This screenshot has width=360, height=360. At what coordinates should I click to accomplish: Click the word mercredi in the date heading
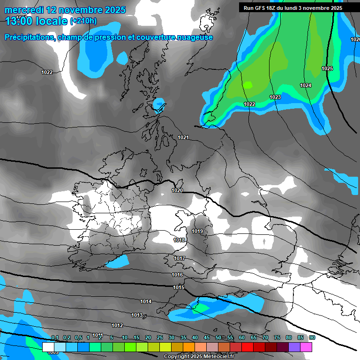coord(27,10)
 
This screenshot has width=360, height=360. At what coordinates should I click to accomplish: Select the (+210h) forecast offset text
coord(83,21)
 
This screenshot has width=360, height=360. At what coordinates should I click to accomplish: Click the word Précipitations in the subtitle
coord(30,37)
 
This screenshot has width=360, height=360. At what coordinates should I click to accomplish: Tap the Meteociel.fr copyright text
coord(199,357)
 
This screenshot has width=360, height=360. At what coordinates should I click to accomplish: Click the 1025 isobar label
coord(327,69)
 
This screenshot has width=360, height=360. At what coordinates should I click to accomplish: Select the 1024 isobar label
coord(306,85)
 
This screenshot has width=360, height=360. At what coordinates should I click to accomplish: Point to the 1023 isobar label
coord(275,97)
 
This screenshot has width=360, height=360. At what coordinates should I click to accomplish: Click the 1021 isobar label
coord(183,137)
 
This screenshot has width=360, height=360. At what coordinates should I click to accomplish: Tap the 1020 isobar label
coord(177,190)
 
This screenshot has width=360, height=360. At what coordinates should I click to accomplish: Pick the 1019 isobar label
coord(197,232)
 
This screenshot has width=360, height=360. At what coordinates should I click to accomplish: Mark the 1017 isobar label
coord(180,258)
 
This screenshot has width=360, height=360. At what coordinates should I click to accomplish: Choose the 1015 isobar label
coord(178,287)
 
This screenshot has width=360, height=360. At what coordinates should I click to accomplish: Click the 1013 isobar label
coord(137,315)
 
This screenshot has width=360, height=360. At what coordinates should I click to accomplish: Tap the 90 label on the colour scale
coord(312,337)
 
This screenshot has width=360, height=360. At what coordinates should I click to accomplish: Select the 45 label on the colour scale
coord(207,337)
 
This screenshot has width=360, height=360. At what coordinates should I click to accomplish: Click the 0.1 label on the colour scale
coord(55,337)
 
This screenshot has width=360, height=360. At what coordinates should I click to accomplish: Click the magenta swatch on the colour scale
coord(306,347)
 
